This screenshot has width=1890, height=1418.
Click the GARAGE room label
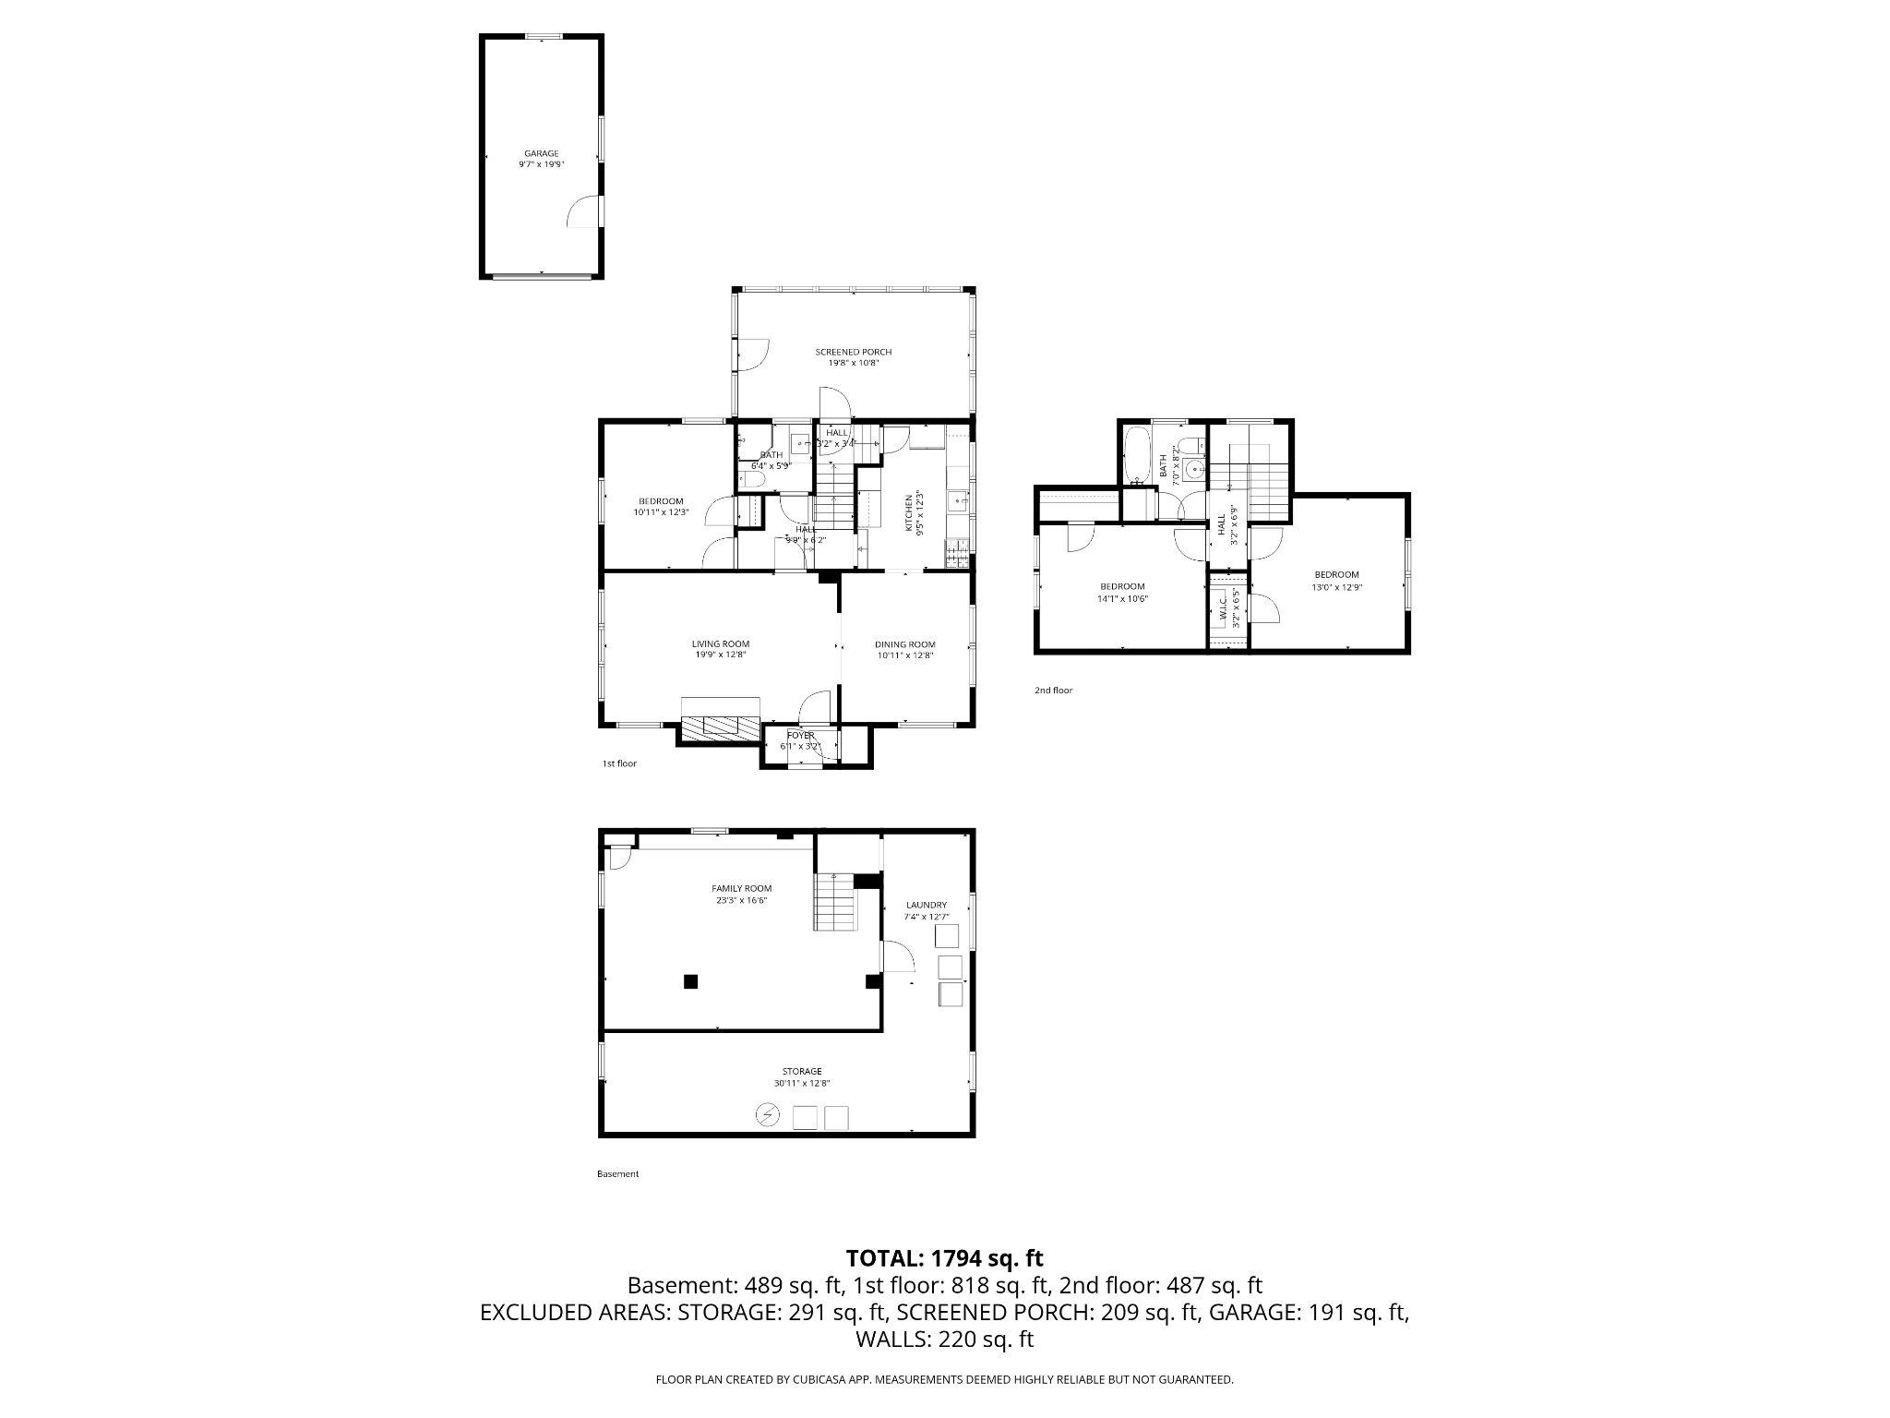[541, 153]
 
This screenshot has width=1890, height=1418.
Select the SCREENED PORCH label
[853, 352]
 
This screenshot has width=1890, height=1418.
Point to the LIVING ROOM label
[720, 643]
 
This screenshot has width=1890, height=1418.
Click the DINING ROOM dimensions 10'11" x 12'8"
[904, 655]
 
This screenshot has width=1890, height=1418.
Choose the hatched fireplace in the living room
[720, 727]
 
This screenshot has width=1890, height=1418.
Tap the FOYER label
[800, 735]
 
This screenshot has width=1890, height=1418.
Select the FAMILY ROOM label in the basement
[741, 888]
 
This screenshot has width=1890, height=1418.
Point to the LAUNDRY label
[926, 905]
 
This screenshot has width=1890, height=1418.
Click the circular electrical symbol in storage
[768, 1116]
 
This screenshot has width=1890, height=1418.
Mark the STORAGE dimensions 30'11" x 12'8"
[795, 1084]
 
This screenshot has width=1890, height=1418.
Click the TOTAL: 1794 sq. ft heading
[944, 1257]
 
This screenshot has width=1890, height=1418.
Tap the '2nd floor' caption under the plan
[1053, 691]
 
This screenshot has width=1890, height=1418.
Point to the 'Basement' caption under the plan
[617, 1174]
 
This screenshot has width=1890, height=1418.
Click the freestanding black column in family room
[689, 982]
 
